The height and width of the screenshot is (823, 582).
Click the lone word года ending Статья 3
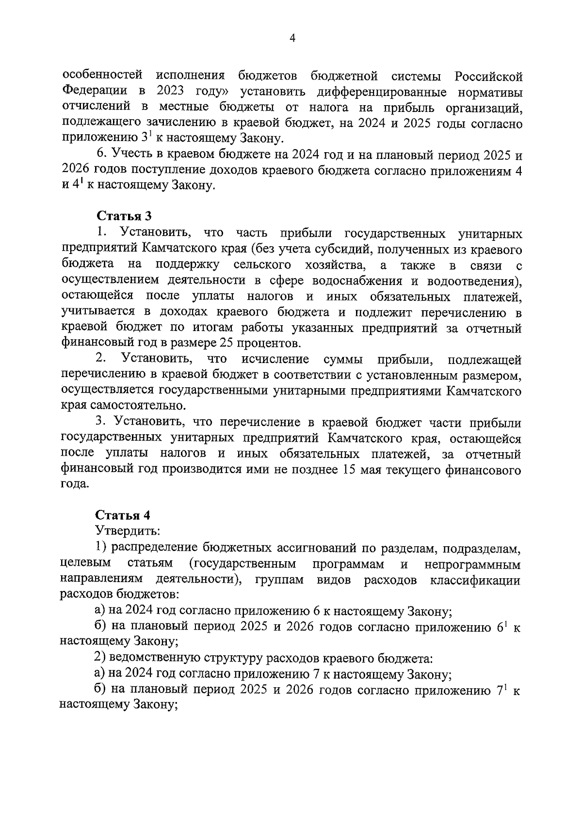coord(75,485)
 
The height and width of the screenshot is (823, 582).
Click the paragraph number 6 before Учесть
coord(100,155)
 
